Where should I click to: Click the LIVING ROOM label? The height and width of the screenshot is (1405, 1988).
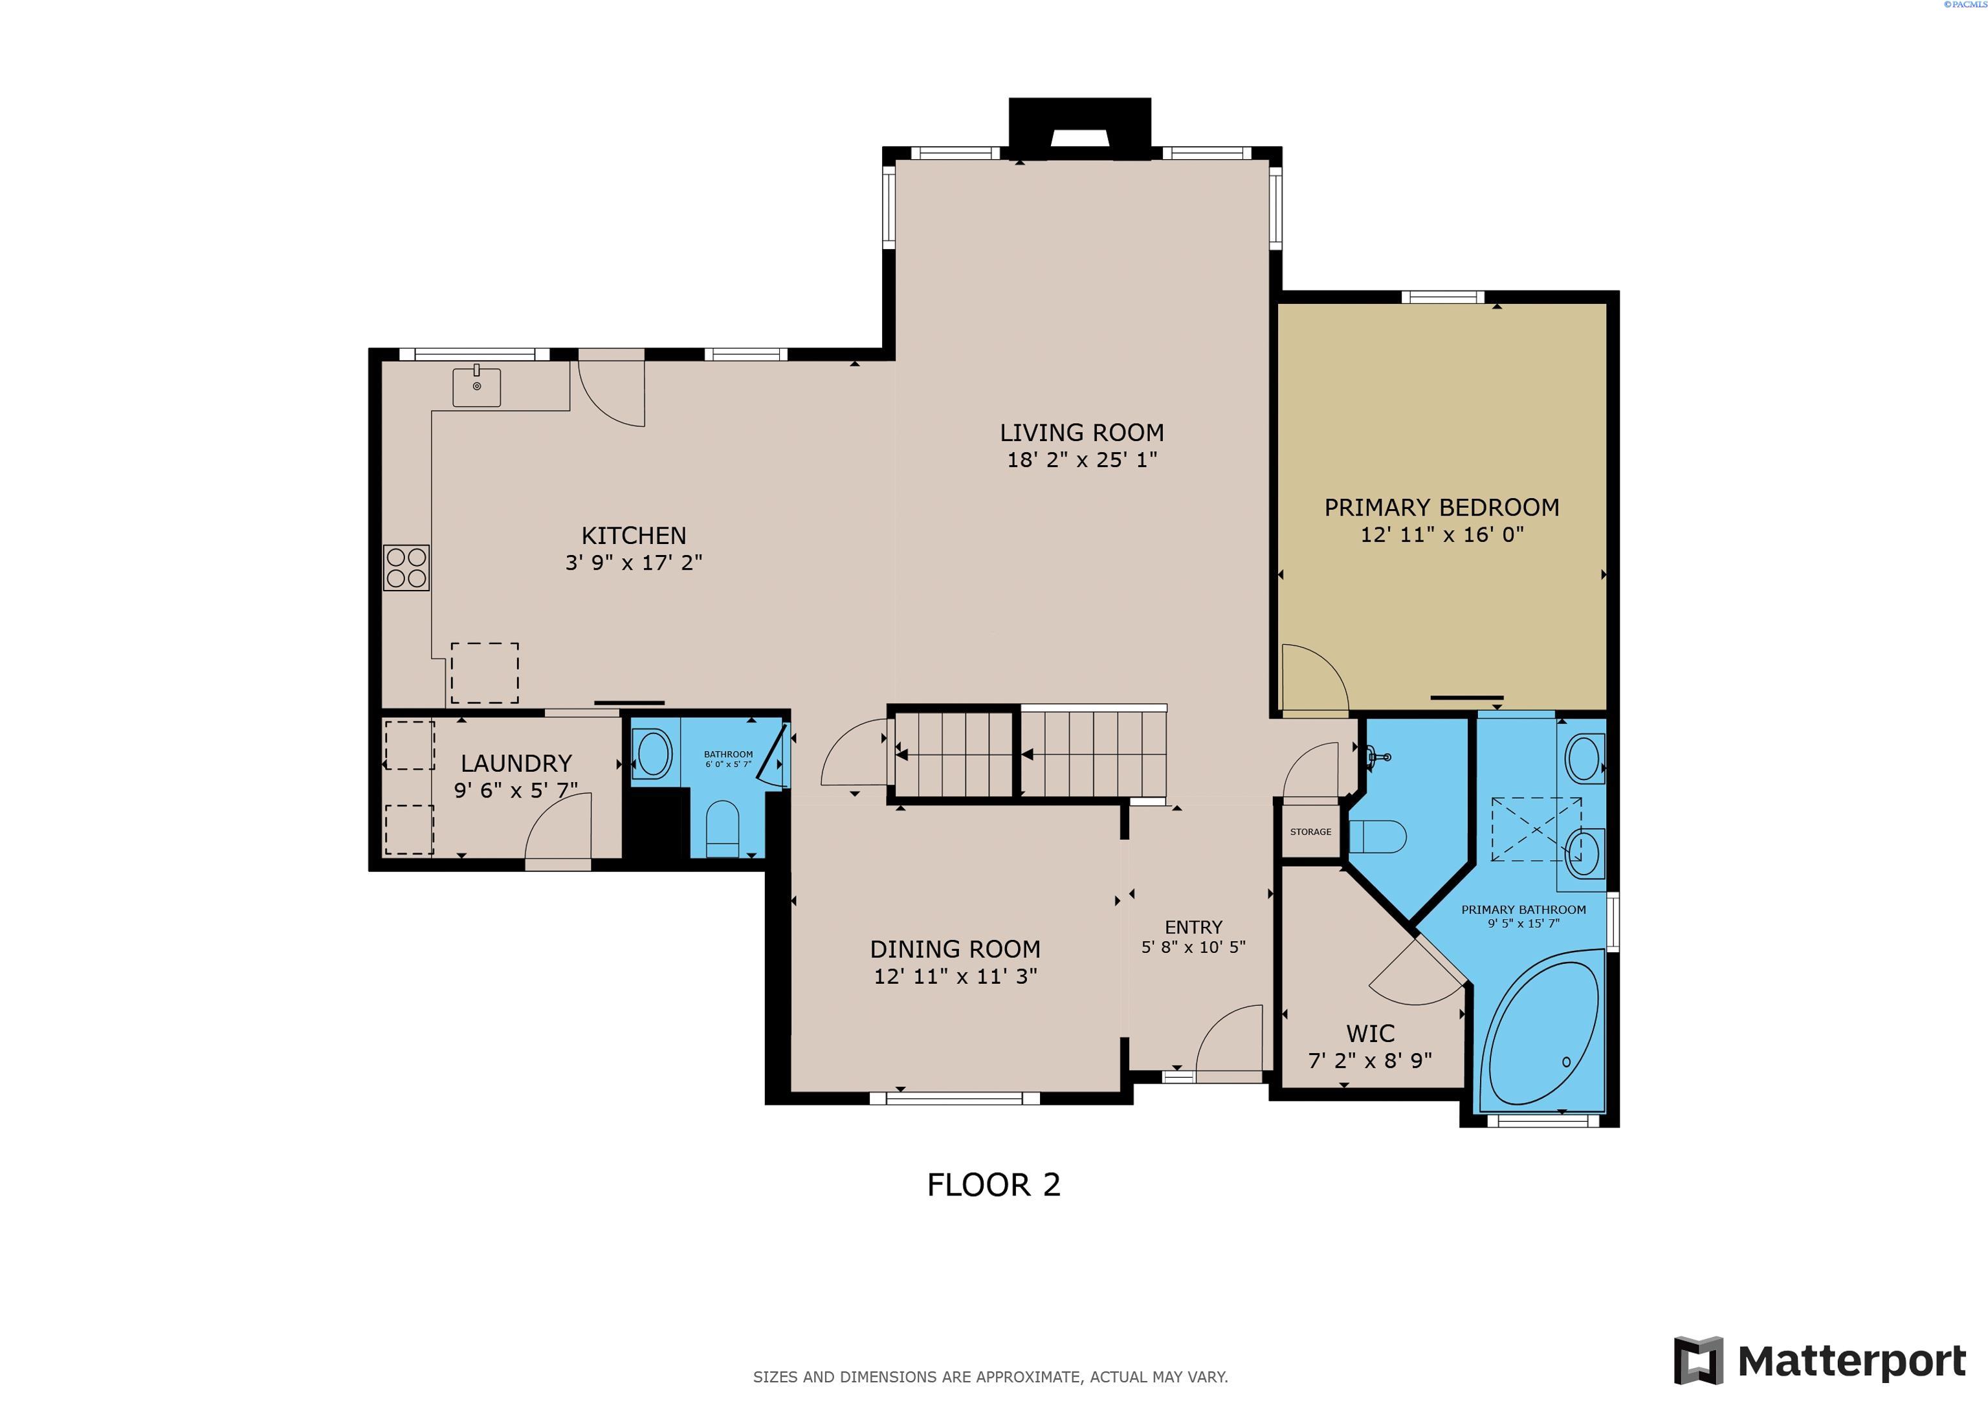click(x=1081, y=433)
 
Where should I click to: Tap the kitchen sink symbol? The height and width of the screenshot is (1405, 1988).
click(x=476, y=387)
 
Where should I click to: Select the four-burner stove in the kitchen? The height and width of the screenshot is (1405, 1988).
click(x=406, y=568)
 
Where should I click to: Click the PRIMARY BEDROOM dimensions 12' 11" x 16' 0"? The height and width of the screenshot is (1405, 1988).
click(x=1442, y=534)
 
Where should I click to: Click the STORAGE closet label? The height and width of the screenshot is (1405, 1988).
click(x=1310, y=832)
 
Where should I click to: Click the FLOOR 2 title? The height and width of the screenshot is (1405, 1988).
click(x=993, y=1184)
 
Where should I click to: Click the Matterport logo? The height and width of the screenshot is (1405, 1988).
click(x=1819, y=1362)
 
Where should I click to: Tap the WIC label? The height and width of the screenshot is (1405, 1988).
click(x=1370, y=1033)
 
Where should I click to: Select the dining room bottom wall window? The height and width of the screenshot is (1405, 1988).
click(x=954, y=1098)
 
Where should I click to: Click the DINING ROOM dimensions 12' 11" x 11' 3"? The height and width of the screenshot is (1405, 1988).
click(x=955, y=977)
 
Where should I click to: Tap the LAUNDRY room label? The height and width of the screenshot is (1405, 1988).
click(x=516, y=763)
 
